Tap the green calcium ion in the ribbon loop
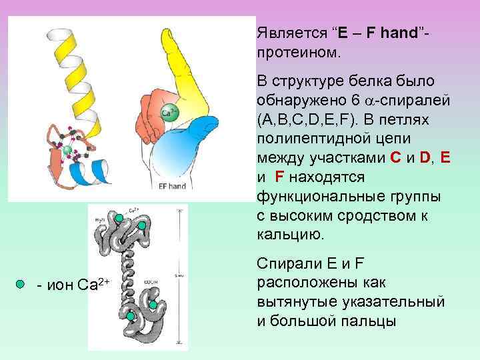[x=67, y=147]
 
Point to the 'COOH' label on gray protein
[x=150, y=283]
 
